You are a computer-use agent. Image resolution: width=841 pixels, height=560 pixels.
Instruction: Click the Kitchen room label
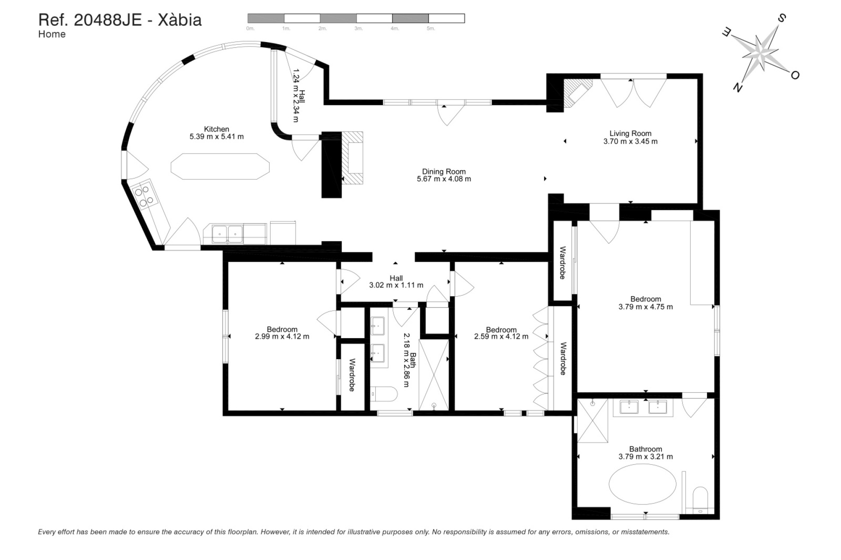coord(216,129)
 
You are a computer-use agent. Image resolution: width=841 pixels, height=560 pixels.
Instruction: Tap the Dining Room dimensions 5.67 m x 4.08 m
coord(444,179)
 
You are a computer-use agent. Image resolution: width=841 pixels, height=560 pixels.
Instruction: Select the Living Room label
coord(630,133)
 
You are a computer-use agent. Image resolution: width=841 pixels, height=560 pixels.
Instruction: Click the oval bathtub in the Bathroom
coord(642,484)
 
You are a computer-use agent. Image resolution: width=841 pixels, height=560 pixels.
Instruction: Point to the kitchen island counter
coord(220,166)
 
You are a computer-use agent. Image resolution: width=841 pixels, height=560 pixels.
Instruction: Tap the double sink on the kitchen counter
coord(227,234)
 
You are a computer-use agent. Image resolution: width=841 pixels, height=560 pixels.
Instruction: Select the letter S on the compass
coord(781,19)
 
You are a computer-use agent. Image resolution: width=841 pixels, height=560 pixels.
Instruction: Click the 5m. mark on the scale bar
coord(431,28)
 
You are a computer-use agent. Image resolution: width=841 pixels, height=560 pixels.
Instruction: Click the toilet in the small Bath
coord(384,394)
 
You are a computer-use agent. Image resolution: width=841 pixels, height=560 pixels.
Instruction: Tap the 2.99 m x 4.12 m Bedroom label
coord(282,333)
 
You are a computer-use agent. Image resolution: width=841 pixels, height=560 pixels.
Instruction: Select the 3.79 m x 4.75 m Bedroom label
coord(645,303)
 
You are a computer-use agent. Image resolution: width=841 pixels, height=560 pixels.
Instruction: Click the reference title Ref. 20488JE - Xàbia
coord(120,20)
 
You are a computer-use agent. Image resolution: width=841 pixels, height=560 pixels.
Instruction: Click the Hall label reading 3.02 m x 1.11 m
coord(396,282)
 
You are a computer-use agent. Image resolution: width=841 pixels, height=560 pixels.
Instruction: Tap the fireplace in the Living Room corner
coord(576,93)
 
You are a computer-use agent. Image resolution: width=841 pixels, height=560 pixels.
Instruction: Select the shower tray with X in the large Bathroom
coord(592,421)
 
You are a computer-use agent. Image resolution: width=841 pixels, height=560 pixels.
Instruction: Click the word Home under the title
coord(52,34)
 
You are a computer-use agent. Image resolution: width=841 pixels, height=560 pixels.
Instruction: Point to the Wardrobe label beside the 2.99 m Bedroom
coord(352,375)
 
